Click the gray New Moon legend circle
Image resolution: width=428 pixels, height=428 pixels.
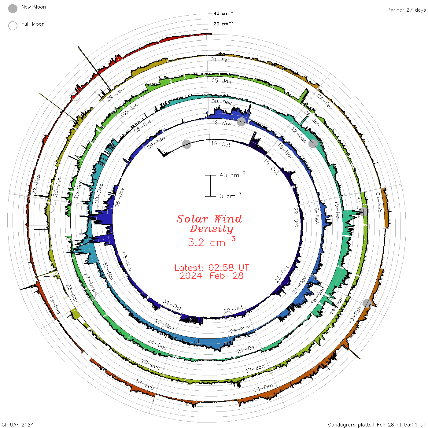[13, 9]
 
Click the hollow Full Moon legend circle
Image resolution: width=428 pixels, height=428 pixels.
[13, 26]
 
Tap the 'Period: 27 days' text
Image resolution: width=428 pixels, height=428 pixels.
[406, 10]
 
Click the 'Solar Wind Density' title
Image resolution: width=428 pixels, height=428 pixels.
[209, 224]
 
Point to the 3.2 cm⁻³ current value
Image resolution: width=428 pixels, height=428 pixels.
[212, 242]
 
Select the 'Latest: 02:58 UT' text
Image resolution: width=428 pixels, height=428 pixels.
[212, 267]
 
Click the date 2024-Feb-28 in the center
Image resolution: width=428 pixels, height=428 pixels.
[212, 276]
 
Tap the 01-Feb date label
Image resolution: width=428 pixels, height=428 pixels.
[220, 60]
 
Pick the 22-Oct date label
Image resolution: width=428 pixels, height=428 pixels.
[296, 217]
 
